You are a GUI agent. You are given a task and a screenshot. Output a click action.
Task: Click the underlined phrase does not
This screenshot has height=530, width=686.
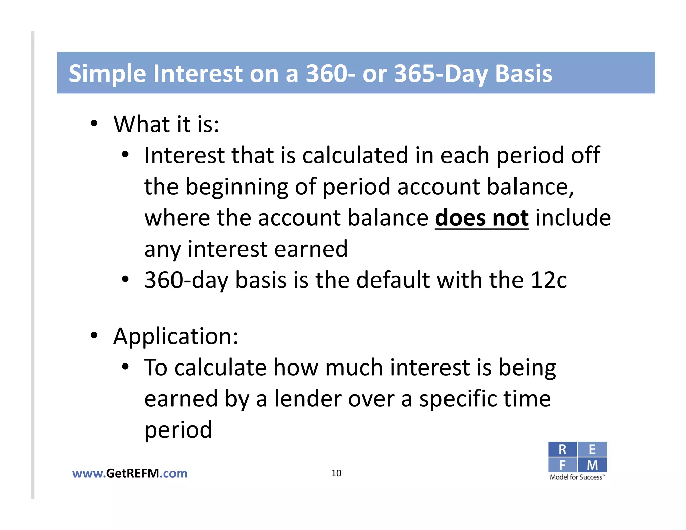(482, 218)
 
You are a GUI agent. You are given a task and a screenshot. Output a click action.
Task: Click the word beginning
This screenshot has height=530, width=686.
(236, 187)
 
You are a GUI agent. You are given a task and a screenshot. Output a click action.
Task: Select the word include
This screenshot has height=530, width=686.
(573, 218)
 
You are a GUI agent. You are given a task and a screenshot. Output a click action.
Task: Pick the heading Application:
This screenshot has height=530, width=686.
(176, 336)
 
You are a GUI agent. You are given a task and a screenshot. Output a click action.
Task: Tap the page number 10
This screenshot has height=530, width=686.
(336, 473)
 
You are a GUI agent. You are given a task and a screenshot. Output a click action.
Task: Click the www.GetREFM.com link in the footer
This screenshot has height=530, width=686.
(130, 473)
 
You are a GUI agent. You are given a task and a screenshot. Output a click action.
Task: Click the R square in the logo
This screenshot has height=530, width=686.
(562, 450)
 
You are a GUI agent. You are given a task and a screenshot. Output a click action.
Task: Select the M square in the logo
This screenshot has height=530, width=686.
(592, 465)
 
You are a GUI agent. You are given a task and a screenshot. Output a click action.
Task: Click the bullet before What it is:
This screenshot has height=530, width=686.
(94, 124)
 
